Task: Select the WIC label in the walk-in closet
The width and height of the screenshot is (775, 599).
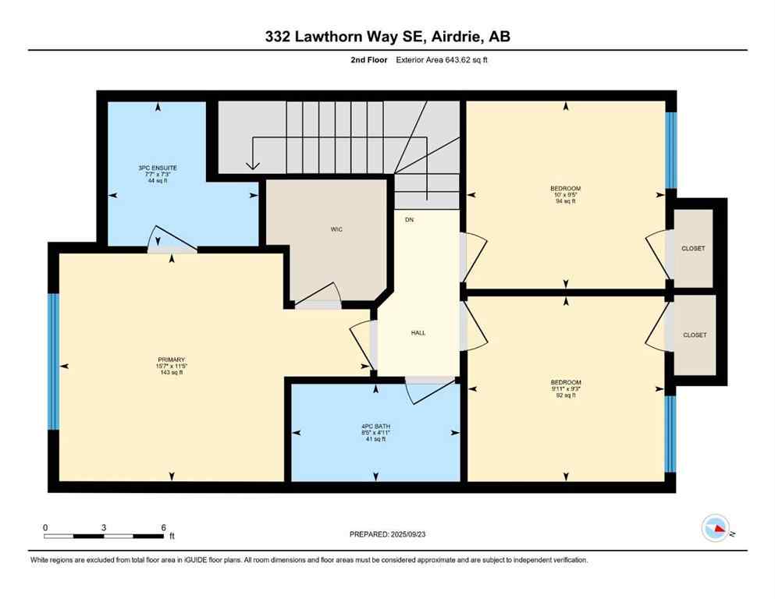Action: [x=336, y=229]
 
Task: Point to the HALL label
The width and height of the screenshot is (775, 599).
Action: [x=418, y=332]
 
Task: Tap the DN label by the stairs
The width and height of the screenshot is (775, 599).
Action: [x=409, y=220]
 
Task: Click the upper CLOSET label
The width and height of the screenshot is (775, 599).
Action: [x=693, y=249]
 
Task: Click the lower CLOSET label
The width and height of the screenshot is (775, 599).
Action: [x=694, y=335]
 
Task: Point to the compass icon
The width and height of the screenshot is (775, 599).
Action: [x=716, y=528]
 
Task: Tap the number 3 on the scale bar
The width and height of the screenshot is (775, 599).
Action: [x=104, y=527]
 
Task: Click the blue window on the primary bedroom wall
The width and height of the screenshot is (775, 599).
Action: [x=53, y=361]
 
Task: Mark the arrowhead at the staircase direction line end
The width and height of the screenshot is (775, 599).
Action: [x=252, y=165]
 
